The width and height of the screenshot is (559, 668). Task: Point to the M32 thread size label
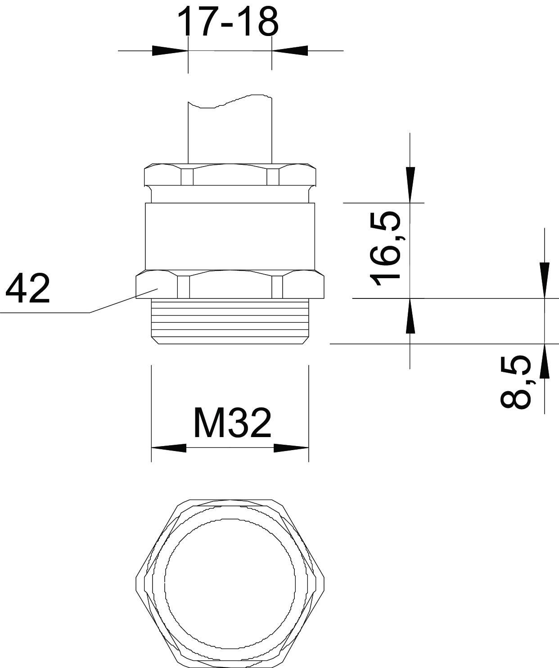coord(233,423)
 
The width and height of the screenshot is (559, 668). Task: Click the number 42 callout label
coord(28,288)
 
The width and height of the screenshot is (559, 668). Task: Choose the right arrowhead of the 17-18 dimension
coord(290,50)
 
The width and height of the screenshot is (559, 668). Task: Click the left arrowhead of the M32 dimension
coord(169,448)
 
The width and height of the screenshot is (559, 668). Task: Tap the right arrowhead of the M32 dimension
coord(291,448)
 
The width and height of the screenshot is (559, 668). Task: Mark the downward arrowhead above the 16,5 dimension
coord(410,185)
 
